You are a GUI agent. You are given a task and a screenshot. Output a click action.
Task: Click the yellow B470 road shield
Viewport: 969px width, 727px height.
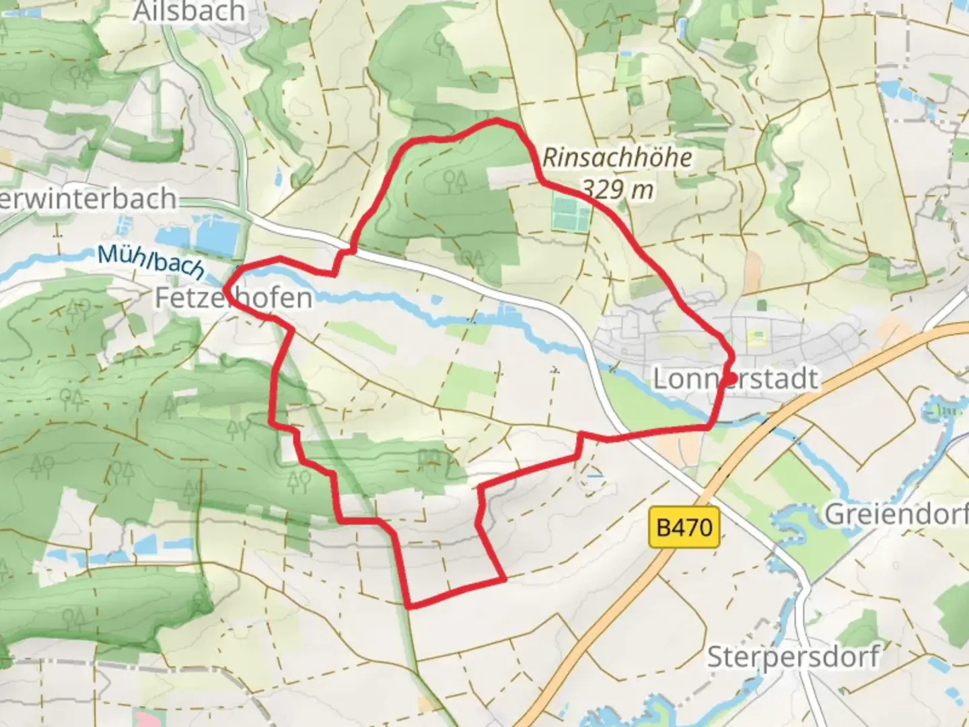click(x=684, y=527)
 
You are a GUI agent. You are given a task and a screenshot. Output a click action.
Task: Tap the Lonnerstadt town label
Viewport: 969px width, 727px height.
click(x=735, y=379)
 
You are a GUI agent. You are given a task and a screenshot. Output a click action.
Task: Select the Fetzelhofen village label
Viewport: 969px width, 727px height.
click(x=234, y=298)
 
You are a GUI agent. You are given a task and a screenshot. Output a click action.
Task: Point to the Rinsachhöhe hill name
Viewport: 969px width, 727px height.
click(x=617, y=158)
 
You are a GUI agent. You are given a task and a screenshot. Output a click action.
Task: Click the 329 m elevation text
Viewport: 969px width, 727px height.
click(x=617, y=189)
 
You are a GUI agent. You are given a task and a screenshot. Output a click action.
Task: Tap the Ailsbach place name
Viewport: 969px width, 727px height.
click(x=189, y=11)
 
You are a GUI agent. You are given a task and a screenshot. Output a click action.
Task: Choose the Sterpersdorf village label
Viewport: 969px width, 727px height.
click(x=793, y=656)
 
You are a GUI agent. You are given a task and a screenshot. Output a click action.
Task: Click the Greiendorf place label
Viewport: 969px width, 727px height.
click(x=896, y=514)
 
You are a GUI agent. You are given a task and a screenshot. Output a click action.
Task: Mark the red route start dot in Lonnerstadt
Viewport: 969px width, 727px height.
click(x=729, y=379)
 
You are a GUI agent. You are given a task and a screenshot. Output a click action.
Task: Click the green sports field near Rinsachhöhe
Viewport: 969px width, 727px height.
click(x=571, y=212)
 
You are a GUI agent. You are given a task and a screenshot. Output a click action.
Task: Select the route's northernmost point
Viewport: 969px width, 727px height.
click(x=497, y=120)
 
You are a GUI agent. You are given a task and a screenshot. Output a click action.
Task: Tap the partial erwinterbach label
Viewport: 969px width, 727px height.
click(x=88, y=199)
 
